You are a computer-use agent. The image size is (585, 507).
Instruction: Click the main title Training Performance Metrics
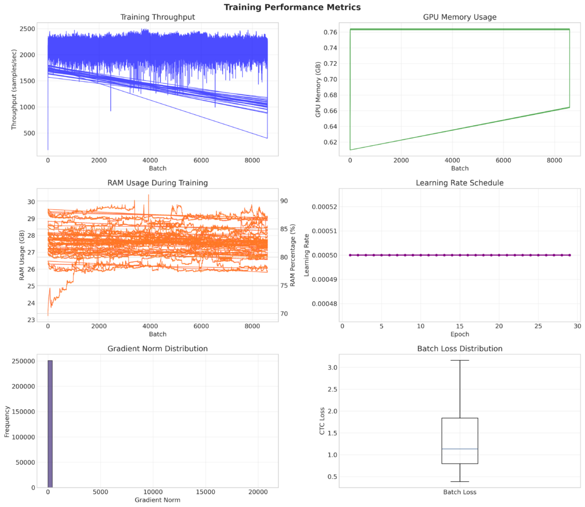292,7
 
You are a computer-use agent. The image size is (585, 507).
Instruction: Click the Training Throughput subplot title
157,17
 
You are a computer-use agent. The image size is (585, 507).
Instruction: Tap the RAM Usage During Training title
157,183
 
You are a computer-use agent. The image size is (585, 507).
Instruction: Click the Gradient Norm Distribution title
157,349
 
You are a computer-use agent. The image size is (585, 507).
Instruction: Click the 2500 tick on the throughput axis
27,29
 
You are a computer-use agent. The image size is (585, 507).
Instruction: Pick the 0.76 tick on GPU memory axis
330,33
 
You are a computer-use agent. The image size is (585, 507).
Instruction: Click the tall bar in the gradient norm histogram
50,424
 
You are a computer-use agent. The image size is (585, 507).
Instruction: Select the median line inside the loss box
459,449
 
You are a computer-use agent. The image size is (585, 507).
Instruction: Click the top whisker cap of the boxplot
459,360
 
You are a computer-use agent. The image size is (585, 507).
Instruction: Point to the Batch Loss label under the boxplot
459,492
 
